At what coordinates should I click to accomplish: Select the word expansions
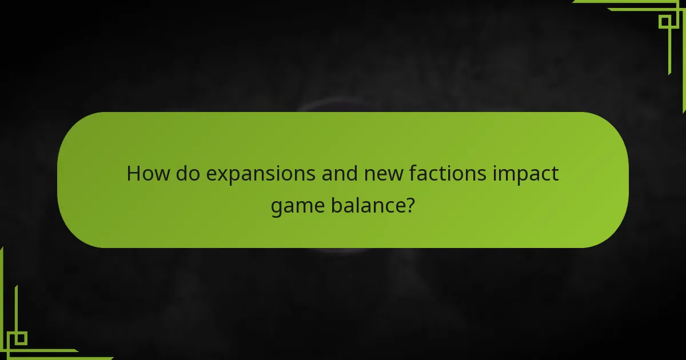(x=261, y=174)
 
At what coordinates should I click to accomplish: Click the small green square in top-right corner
(x=665, y=21)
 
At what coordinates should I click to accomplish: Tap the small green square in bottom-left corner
(x=21, y=338)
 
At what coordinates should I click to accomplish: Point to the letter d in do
(x=181, y=173)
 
